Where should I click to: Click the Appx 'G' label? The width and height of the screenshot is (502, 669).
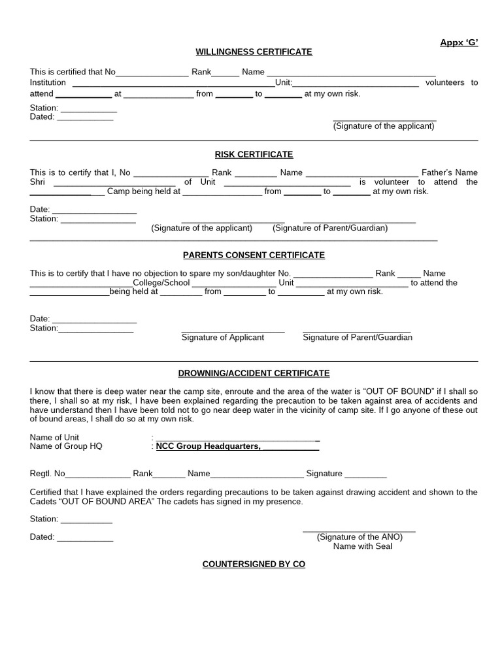458,42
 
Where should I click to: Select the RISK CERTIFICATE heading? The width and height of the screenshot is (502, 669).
254,154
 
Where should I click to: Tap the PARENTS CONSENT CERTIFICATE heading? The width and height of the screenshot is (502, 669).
254,255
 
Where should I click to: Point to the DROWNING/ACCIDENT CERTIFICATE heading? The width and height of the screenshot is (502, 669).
254,373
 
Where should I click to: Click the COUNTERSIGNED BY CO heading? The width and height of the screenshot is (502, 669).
254,564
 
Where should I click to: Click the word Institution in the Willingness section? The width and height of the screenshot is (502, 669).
48,83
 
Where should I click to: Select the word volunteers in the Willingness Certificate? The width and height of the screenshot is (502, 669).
445,83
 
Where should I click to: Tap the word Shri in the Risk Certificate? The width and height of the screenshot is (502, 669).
38,182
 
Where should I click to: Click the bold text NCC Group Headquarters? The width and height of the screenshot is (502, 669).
208,446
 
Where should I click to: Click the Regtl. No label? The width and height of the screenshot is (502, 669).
48,474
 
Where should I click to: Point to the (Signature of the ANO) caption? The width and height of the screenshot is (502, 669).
360,537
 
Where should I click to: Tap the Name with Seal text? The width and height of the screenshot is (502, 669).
362,546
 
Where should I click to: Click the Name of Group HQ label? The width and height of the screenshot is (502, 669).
66,446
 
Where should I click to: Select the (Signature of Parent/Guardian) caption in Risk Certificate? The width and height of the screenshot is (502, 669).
330,228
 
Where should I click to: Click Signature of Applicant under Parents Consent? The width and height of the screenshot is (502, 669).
222,338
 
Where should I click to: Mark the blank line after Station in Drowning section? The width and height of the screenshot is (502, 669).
86,521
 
